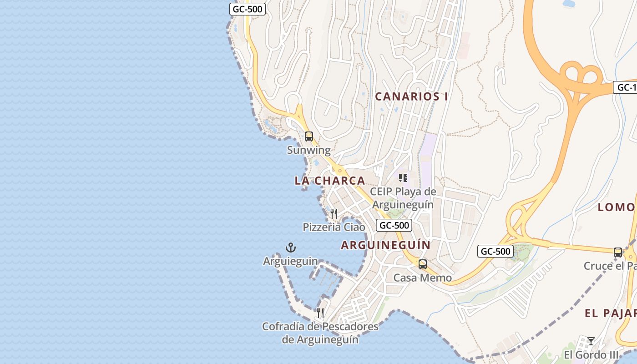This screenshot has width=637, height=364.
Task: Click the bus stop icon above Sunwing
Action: click(x=309, y=136)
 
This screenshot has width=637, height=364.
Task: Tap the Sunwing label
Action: click(x=308, y=150)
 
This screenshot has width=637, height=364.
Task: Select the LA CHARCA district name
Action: click(x=330, y=181)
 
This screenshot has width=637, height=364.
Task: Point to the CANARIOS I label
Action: click(x=412, y=96)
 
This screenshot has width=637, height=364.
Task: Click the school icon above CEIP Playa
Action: click(x=403, y=177)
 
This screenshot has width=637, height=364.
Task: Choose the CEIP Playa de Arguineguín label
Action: click(x=403, y=198)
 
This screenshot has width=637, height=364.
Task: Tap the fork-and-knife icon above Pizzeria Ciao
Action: click(x=334, y=213)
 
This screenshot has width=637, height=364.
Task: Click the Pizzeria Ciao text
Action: click(x=334, y=227)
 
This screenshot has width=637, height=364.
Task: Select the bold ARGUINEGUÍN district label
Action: click(x=386, y=245)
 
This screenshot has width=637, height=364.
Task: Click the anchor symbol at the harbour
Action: click(x=291, y=248)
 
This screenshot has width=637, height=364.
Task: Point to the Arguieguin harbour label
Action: click(x=290, y=261)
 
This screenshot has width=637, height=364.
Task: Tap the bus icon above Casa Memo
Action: click(x=423, y=264)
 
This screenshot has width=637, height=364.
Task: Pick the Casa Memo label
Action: click(x=423, y=278)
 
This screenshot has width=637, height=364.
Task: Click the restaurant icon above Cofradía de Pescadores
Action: click(x=320, y=313)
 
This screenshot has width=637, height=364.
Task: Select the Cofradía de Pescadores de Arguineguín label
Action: click(x=320, y=333)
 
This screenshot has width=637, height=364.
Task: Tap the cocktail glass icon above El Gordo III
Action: click(x=591, y=341)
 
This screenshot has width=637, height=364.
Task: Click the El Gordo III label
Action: click(x=591, y=354)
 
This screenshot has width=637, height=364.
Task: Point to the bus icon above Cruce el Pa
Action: click(x=618, y=252)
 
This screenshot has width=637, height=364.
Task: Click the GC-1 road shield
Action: click(x=626, y=87)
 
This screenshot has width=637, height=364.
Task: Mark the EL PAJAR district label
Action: click(x=610, y=313)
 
